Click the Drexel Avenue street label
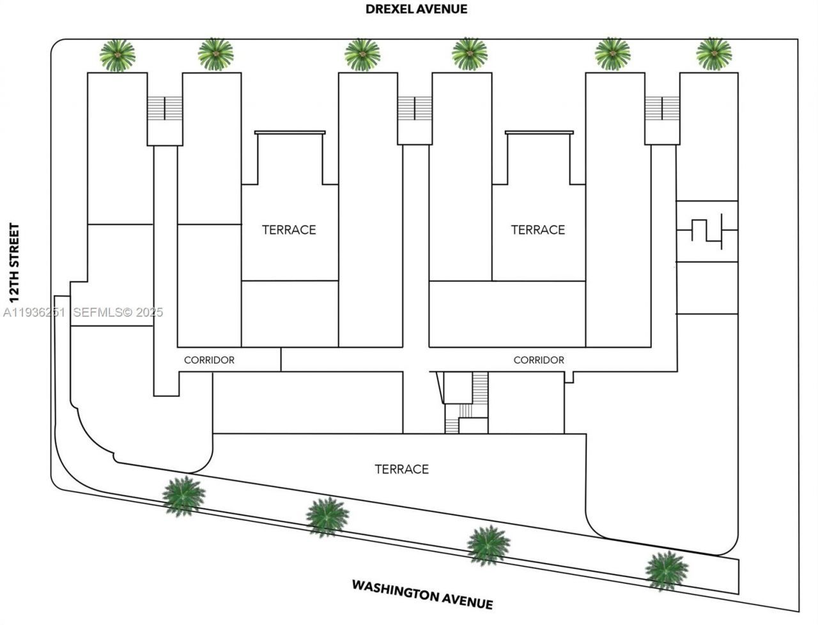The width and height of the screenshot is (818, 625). pos(416,9)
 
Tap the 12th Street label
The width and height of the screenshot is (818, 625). pos(13,263)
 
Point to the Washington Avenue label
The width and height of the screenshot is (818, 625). pos(422,594)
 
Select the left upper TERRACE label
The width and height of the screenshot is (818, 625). pos(289,229)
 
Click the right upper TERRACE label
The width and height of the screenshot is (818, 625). pos(538,229)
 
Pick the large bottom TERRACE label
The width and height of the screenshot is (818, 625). pos(401,469)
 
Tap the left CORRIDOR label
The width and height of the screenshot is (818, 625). pos(209,360)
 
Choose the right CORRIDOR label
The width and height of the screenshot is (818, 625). pos(539,360)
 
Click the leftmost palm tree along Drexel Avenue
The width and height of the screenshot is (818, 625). pos(118,56)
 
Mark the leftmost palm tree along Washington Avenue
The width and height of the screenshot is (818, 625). pos(183,495)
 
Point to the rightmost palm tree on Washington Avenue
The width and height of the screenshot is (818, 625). pos(666,569)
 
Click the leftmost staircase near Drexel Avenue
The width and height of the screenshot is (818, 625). pos(165,108)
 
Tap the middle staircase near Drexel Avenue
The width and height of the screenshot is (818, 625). pos(415,108)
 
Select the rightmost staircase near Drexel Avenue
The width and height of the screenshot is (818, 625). pos(661,108)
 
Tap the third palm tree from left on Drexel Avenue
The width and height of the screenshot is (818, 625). pos(362,54)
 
